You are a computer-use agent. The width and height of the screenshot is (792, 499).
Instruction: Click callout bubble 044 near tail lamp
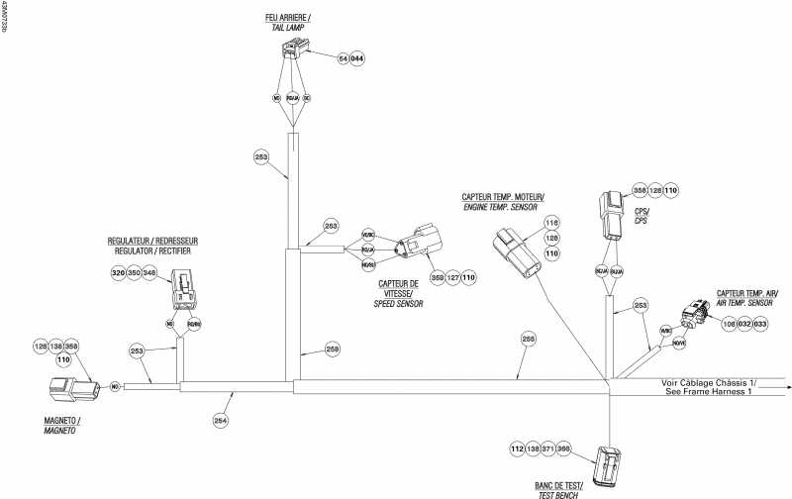357,59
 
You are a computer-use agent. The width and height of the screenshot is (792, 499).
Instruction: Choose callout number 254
221,420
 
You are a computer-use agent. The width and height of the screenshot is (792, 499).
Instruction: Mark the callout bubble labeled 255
528,340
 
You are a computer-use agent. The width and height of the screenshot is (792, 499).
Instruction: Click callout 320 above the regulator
118,272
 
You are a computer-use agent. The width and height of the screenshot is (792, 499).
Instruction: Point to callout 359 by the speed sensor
438,278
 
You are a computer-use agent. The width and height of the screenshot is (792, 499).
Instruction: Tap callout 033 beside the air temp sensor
760,323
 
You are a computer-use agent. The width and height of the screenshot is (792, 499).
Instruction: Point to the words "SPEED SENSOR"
399,305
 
